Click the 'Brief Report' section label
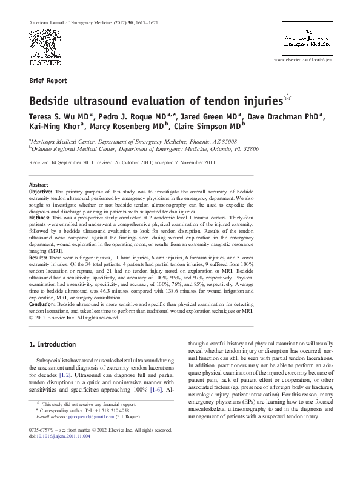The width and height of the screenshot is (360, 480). click(x=48, y=80)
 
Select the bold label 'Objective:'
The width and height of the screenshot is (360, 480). click(x=41, y=190)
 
